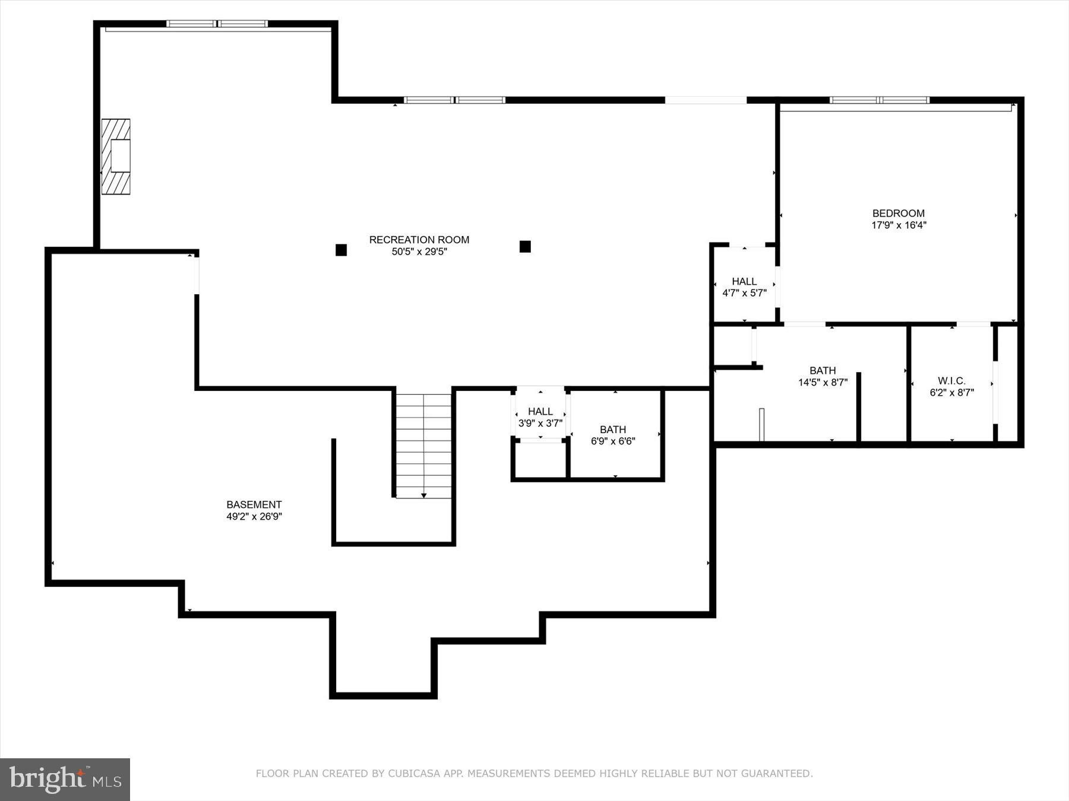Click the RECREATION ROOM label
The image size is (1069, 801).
[x=419, y=240]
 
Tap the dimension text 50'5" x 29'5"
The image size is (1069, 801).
[x=419, y=252]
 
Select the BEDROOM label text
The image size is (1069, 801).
[x=898, y=213]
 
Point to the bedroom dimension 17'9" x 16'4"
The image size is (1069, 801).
[x=898, y=225]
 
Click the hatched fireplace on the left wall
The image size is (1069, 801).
[x=116, y=157]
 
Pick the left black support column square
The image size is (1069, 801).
[x=341, y=250]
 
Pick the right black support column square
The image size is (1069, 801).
[x=525, y=246]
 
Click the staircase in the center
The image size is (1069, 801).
[x=423, y=445]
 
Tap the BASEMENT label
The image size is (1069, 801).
[x=254, y=505]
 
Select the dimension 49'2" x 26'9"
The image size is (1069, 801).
[x=254, y=517]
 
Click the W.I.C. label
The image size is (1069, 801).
[x=951, y=381]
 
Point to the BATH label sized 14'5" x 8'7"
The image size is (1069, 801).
[x=823, y=371]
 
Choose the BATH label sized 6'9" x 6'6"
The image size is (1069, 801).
[x=613, y=430]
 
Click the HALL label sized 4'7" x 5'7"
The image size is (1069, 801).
[x=744, y=281]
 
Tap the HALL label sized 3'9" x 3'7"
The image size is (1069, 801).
[x=540, y=411]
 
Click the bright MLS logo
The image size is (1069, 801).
[x=65, y=779]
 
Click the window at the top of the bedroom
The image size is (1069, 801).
[x=880, y=100]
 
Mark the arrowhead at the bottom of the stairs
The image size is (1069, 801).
[x=424, y=495]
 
